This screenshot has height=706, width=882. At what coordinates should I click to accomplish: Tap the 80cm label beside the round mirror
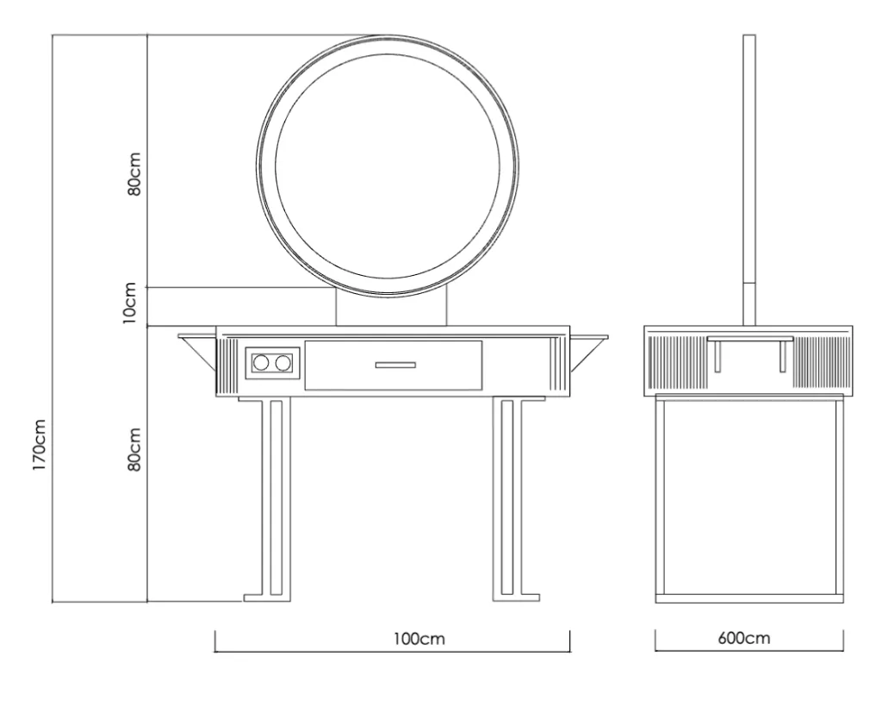134,174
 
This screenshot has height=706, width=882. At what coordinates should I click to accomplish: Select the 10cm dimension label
129,303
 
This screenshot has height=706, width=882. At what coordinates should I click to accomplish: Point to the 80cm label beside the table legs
134,449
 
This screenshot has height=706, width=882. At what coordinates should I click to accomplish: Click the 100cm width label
419,639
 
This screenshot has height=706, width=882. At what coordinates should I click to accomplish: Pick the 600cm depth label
743,639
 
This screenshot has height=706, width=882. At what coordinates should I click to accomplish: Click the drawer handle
395,365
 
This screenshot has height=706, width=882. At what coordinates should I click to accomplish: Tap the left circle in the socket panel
261,363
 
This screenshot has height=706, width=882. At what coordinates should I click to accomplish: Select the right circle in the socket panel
283,363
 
